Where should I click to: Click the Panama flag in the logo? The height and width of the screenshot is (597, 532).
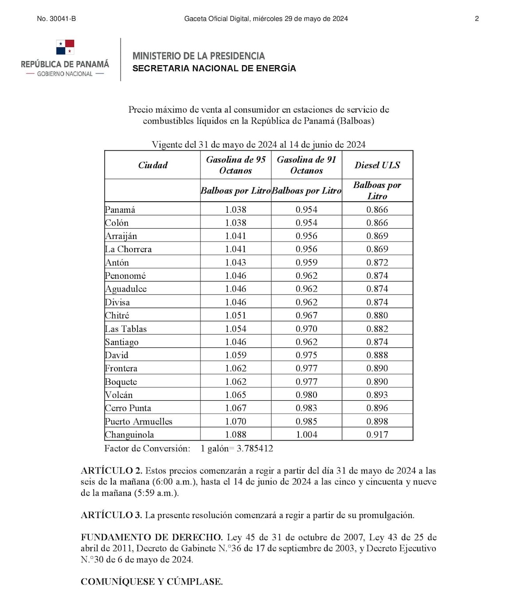pyautogui.click(x=65, y=47)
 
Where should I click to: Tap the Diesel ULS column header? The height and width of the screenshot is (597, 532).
pyautogui.click(x=377, y=165)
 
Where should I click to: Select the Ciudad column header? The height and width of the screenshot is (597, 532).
pyautogui.click(x=153, y=165)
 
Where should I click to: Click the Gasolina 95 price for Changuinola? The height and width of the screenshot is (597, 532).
pyautogui.click(x=235, y=435)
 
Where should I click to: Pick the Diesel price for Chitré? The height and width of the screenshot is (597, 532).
pyautogui.click(x=377, y=316)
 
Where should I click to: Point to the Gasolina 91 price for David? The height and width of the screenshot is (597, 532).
pyautogui.click(x=306, y=355)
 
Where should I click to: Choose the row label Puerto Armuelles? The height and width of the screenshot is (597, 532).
pyautogui.click(x=138, y=421)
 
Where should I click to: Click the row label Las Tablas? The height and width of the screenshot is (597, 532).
pyautogui.click(x=125, y=329)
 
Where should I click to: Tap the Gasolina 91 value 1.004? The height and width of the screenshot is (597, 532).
pyautogui.click(x=306, y=435)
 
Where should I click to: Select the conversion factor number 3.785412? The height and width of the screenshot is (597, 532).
pyautogui.click(x=255, y=449)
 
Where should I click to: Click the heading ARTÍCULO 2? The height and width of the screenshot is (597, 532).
pyautogui.click(x=111, y=471)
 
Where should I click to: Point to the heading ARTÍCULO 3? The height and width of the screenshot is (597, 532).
pyautogui.click(x=111, y=515)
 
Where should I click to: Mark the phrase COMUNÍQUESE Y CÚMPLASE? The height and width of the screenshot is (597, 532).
pyautogui.click(x=152, y=581)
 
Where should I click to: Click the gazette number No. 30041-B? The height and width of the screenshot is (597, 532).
pyautogui.click(x=56, y=19)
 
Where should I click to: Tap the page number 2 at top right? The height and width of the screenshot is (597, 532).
pyautogui.click(x=477, y=19)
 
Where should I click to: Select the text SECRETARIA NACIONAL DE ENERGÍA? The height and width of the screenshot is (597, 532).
pyautogui.click(x=214, y=68)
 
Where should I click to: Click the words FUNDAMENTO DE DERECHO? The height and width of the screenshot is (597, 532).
pyautogui.click(x=152, y=537)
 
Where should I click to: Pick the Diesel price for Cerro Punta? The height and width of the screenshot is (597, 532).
pyautogui.click(x=377, y=408)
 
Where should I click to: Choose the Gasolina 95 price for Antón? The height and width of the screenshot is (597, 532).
pyautogui.click(x=235, y=262)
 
